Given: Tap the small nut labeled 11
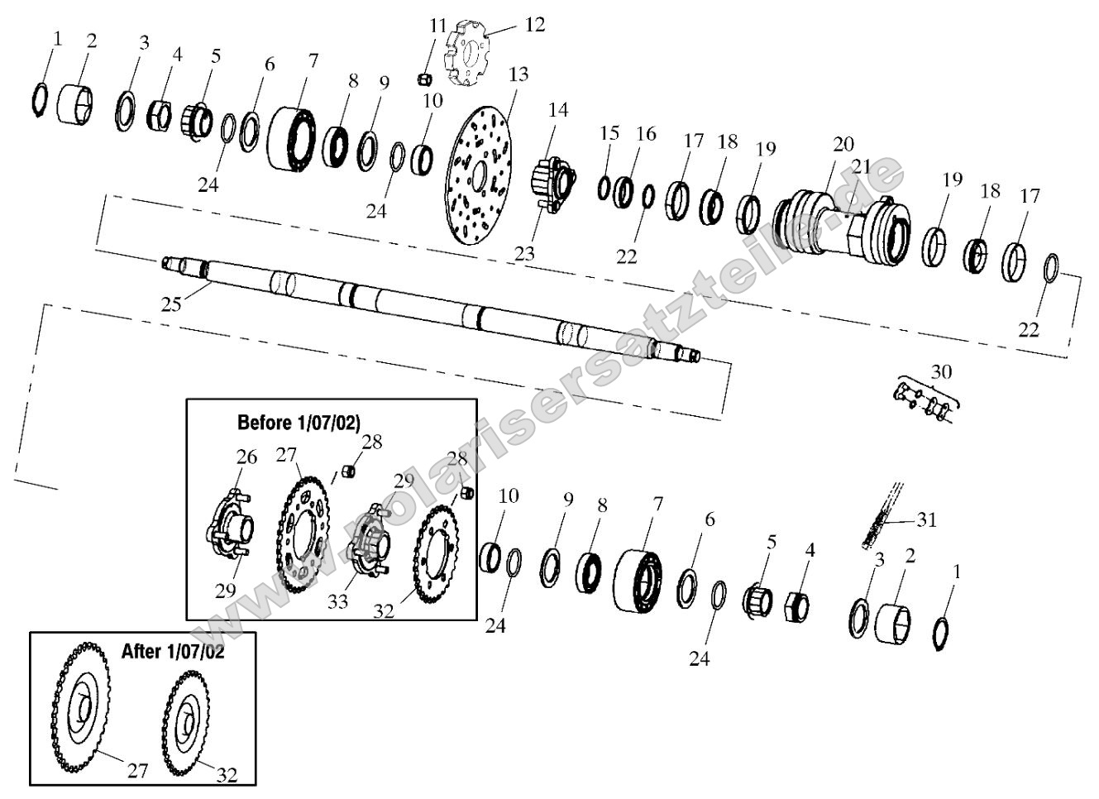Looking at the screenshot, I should point(423,79).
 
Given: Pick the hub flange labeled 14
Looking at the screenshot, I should point(553,178).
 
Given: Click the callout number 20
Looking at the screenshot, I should point(843,145).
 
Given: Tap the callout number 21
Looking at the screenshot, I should point(862,166).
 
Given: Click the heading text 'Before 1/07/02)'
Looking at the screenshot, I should point(299,423).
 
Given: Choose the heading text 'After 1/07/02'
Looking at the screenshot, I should point(172,651).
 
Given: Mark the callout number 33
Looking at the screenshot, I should point(337,601).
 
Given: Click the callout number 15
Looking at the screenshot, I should point(609,133).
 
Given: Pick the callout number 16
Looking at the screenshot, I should point(646,133).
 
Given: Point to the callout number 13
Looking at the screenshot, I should point(518,74).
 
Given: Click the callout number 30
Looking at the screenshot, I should point(941,371).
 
